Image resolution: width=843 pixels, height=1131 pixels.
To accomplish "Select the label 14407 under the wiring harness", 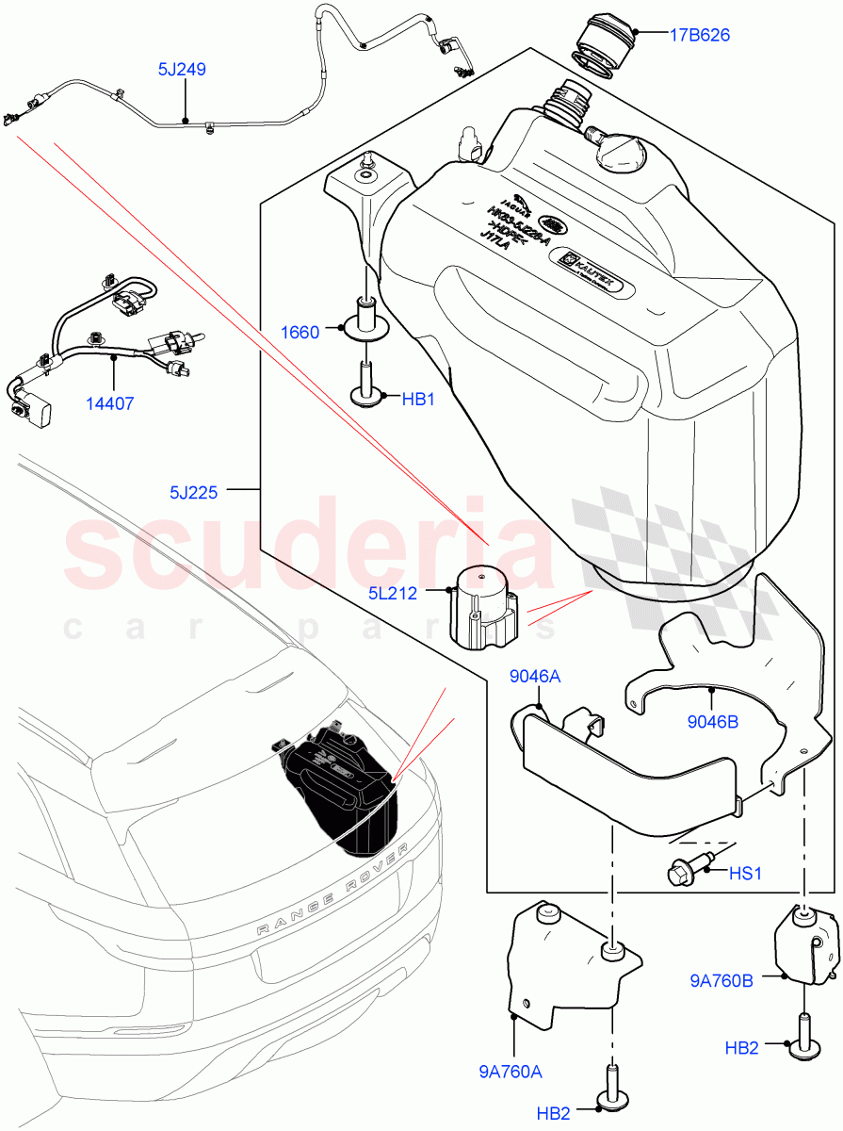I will (x=112, y=404).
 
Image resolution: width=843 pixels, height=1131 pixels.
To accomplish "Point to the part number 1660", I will (x=300, y=331).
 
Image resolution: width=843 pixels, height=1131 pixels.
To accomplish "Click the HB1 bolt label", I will (x=418, y=400).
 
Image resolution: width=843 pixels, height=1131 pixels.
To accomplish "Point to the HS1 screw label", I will (x=744, y=874).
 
